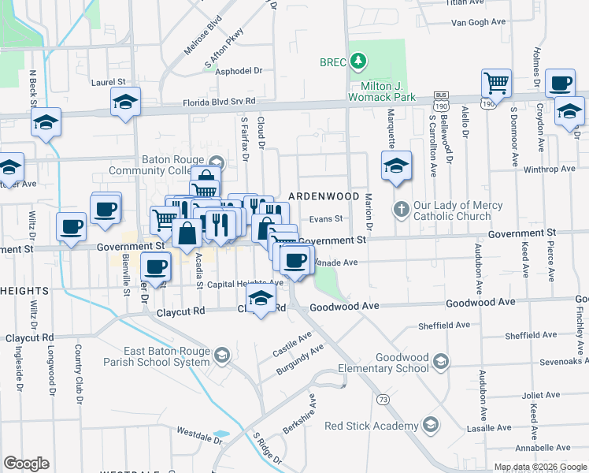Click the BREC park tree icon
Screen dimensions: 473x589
pyautogui.click(x=358, y=61)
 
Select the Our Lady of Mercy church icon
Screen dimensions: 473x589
pyautogui.click(x=401, y=210)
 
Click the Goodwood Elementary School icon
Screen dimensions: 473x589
pyautogui.click(x=441, y=363)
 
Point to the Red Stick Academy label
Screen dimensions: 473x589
pyautogui.click(x=370, y=426)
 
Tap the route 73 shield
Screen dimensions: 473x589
pyautogui.click(x=383, y=400)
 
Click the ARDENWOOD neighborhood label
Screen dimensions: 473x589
pyautogui.click(x=324, y=196)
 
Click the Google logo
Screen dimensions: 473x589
pyautogui.click(x=26, y=464)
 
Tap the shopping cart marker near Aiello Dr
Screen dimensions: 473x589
pyautogui.click(x=496, y=82)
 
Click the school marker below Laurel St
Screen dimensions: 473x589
pyautogui.click(x=125, y=102)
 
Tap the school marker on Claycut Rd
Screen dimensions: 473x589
pyautogui.click(x=261, y=299)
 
